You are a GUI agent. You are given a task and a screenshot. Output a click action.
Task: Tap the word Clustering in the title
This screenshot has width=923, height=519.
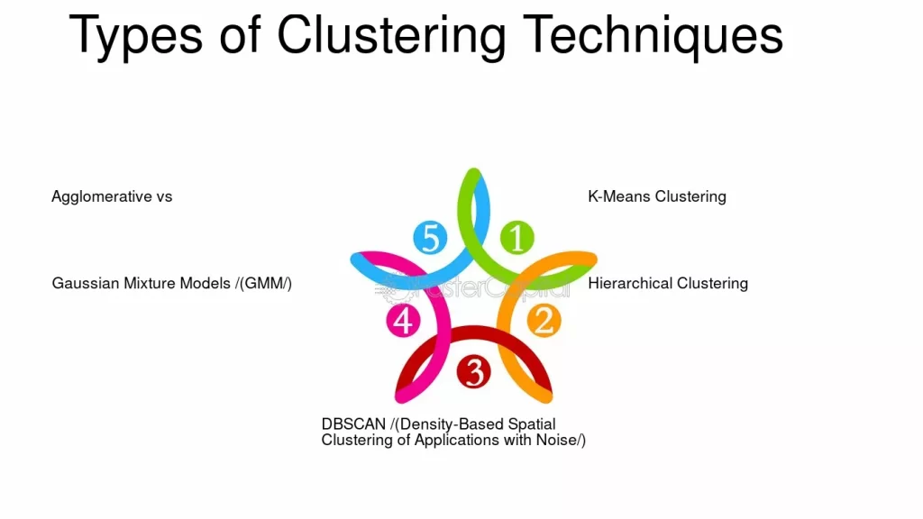[x=391, y=35]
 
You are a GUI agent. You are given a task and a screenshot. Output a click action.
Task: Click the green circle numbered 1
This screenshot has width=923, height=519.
[x=516, y=238]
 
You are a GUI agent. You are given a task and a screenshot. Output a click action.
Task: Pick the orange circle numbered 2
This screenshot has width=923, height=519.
[x=543, y=321]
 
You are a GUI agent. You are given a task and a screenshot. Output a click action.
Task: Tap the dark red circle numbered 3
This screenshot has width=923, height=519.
[x=473, y=371]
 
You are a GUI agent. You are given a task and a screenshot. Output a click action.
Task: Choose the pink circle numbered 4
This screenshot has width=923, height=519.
[x=403, y=321]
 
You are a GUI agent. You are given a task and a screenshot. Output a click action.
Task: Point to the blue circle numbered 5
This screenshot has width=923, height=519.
[x=430, y=238]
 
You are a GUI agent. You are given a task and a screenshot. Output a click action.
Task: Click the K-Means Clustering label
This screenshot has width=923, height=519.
[x=656, y=196]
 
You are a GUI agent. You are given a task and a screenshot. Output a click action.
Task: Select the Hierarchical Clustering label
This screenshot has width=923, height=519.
[x=668, y=283]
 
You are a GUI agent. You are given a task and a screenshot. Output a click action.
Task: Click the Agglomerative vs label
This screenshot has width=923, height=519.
[x=112, y=196]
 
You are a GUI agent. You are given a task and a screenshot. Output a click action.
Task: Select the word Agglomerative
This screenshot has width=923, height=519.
[x=102, y=196]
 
